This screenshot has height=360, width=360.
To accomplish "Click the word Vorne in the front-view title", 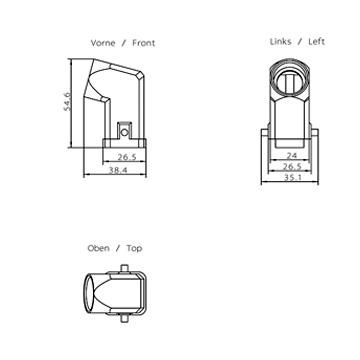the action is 103,43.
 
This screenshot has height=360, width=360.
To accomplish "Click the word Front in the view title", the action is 144,43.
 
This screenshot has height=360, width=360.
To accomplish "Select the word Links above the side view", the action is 280,42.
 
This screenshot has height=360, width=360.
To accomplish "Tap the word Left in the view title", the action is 316,42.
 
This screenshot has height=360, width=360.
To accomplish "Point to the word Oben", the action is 98,248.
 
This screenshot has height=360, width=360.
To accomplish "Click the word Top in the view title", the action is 134,249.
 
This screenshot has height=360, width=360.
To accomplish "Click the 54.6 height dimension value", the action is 67,101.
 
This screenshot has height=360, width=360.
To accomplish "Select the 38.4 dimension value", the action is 118,170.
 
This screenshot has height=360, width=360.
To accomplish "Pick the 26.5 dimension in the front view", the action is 127,157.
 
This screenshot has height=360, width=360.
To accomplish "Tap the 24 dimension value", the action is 292,155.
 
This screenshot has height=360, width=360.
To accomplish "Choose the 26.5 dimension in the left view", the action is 292,167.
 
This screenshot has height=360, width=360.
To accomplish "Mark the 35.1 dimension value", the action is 292,178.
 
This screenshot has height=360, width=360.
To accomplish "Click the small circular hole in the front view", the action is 124,132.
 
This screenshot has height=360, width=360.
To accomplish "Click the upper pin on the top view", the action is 124,268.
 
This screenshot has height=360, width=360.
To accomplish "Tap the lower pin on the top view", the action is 124,318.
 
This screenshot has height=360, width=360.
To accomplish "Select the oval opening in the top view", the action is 89,293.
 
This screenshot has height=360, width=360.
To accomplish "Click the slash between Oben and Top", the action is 118,249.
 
